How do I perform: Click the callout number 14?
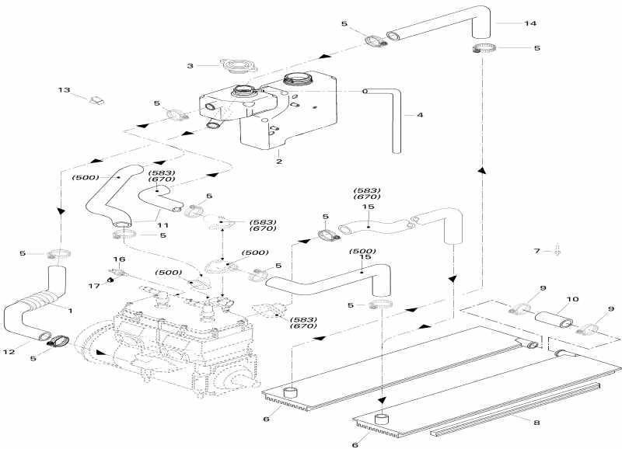point(529,23)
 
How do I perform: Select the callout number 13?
point(64,90)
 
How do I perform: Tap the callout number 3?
point(190,67)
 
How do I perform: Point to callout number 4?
point(420,116)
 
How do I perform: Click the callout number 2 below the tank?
point(278,162)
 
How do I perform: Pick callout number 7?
point(536,251)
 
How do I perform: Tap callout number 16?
point(119,259)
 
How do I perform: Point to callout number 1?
point(69,311)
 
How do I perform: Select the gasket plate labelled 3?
point(234,66)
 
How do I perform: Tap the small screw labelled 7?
point(558,251)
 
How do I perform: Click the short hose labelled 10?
point(550,317)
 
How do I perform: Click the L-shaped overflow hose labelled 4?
point(393,117)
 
